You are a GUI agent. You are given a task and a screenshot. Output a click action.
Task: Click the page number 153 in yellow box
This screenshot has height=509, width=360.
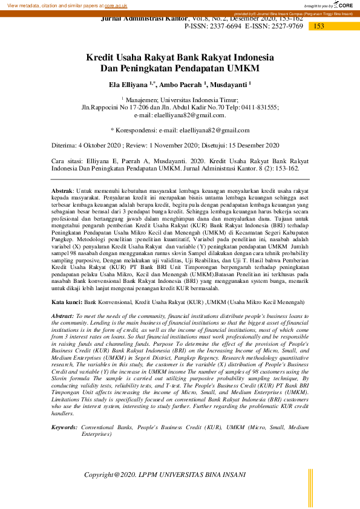[319, 26]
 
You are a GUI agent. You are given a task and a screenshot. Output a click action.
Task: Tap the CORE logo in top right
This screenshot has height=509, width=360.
[343, 5]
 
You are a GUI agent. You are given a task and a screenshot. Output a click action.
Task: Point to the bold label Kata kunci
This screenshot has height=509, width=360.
[66, 301]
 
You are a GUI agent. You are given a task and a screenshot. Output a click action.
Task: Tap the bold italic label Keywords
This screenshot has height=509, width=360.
[64, 427]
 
